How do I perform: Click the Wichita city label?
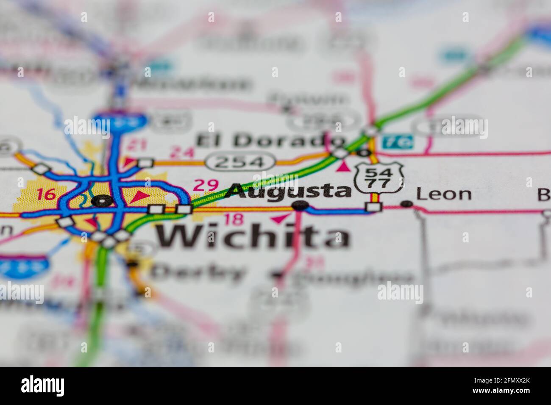253,236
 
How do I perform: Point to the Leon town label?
444,194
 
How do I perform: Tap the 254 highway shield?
240,161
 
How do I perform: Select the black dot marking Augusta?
300,206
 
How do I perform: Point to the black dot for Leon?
407,204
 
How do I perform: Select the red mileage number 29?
206,185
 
